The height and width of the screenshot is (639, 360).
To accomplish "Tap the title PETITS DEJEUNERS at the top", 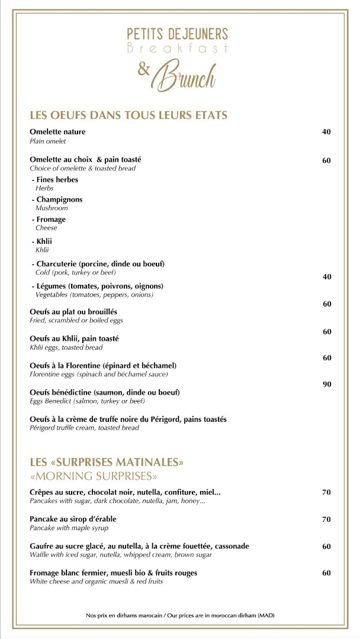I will point(178,34).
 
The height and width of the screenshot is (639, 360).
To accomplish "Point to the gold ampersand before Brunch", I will point(143,70).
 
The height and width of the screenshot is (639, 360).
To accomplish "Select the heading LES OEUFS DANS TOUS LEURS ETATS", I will point(128,115).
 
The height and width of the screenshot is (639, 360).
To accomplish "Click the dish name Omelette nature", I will point(57,132).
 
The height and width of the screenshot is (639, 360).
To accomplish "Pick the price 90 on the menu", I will point(326,385).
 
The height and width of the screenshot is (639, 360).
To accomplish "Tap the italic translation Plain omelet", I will point(48,141).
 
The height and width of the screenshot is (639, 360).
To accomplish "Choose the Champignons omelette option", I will point(59,199).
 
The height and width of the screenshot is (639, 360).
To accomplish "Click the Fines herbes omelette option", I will point(57,179).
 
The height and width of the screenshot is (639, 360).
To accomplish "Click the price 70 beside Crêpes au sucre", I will point(326,492).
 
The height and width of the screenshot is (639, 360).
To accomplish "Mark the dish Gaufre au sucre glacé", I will point(139,546).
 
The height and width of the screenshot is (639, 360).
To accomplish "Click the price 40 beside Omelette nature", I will point(326,132).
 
